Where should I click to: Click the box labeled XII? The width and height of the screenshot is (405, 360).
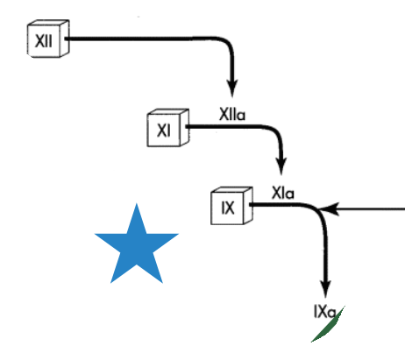[48, 39]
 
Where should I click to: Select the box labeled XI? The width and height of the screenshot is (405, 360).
[168, 128]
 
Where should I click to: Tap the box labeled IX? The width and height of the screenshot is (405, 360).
[231, 206]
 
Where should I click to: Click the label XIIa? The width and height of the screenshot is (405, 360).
[232, 114]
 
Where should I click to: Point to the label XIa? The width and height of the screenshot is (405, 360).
[283, 193]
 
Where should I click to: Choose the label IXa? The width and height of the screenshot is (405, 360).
[324, 312]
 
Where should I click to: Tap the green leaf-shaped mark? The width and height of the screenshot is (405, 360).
[328, 324]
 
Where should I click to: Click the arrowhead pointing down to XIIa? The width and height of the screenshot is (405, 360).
[232, 88]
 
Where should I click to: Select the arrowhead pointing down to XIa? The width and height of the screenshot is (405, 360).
[281, 166]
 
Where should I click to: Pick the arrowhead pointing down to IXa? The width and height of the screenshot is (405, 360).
[326, 288]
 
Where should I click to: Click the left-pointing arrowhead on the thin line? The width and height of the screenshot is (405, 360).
[329, 209]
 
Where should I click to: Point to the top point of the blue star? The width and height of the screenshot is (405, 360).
[137, 203]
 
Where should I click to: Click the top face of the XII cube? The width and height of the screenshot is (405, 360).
[49, 23]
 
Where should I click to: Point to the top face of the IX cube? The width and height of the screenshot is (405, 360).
[232, 190]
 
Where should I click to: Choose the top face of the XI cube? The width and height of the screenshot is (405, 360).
[168, 112]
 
